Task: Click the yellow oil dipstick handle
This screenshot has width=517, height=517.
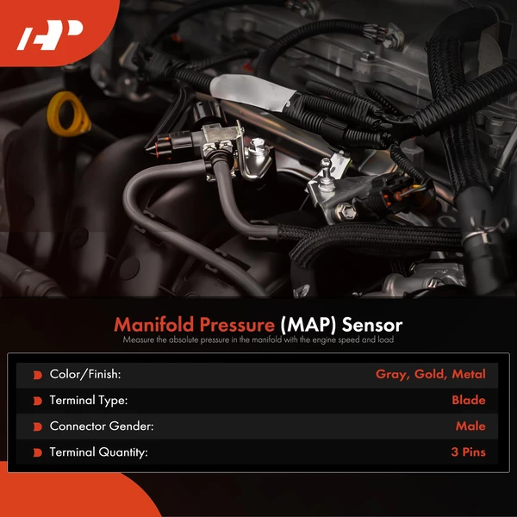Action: click(66, 115)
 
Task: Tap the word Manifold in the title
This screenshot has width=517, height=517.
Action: click(156, 326)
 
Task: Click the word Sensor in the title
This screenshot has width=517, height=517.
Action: click(372, 326)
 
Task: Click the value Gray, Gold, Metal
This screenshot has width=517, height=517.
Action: click(431, 375)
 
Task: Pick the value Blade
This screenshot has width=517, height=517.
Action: click(469, 401)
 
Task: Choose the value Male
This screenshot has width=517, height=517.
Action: click(470, 427)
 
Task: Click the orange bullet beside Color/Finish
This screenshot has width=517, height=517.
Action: click(37, 375)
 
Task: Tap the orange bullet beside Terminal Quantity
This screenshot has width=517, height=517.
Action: click(37, 452)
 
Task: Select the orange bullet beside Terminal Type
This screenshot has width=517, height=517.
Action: click(37, 401)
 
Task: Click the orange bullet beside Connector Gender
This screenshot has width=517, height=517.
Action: click(37, 427)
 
